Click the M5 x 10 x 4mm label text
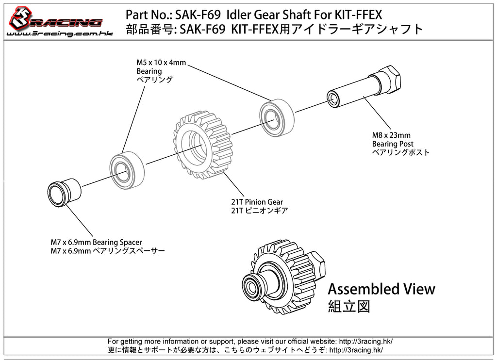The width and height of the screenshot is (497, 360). (x=161, y=63)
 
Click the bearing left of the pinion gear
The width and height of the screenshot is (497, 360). (x=125, y=170)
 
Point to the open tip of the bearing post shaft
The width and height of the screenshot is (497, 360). (x=333, y=99)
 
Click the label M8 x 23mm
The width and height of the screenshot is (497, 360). (x=391, y=135)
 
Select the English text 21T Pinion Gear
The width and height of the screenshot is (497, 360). (x=257, y=202)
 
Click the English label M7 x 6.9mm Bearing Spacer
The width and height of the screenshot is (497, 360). (x=96, y=242)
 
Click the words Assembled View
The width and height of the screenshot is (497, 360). (x=381, y=289)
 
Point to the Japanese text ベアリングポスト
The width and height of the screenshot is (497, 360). (x=401, y=152)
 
